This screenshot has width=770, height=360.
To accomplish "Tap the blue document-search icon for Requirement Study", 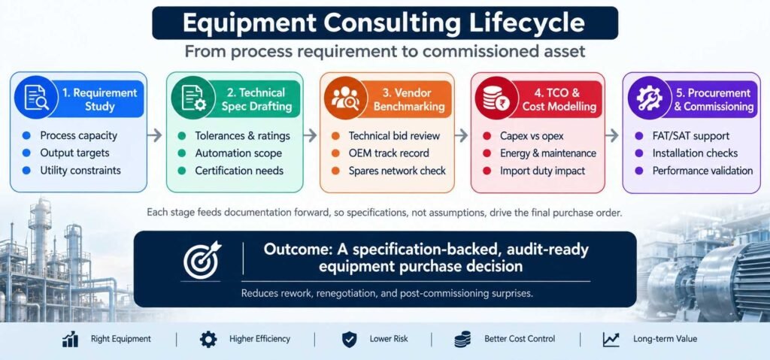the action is tap(36, 97).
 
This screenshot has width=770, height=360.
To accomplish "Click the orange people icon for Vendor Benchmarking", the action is tap(346, 97).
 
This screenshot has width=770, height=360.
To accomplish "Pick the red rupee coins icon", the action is tap(496, 97).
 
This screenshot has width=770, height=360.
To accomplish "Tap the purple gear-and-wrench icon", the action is tap(649, 97).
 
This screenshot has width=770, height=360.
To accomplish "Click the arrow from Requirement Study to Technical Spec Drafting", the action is tap(155, 135).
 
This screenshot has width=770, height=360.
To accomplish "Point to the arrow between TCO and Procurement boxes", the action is tap(611, 135).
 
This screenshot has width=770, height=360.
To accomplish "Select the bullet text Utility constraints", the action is tap(80, 171).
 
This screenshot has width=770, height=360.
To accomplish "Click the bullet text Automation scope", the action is tap(238, 153).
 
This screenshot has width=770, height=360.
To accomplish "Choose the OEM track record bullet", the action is tap(389, 153).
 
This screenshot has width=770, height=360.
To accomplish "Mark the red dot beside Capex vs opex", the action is tap(487, 136).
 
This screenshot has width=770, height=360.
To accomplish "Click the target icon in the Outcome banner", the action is tap(202, 260).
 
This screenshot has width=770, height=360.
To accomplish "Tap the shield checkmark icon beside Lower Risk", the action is tap(349, 340).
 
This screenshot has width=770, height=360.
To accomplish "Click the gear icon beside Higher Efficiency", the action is tap(208, 340).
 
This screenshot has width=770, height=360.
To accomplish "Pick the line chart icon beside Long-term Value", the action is tap(611, 340).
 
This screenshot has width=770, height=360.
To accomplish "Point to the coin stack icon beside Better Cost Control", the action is tap(462, 340).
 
